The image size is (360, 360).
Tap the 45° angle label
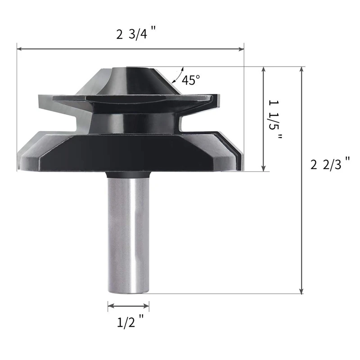pyautogui.click(x=191, y=80)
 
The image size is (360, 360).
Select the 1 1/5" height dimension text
pyautogui.click(x=275, y=119)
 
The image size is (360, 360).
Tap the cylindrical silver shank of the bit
pyautogui.click(x=129, y=234)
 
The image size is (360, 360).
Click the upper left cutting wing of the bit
pyautogui.click(x=58, y=101)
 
